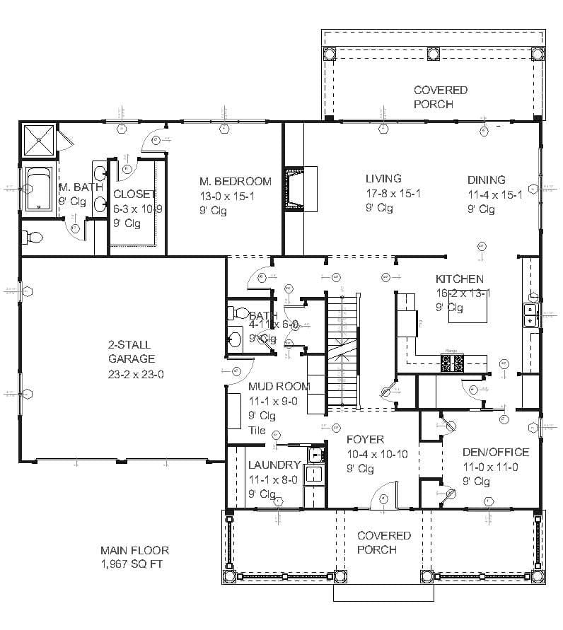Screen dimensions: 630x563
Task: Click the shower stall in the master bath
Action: pyautogui.click(x=39, y=140)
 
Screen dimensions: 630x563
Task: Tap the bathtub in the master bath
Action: pyautogui.click(x=37, y=189)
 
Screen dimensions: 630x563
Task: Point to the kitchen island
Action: pyautogui.click(x=468, y=309)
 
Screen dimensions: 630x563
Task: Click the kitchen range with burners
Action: pyautogui.click(x=453, y=363)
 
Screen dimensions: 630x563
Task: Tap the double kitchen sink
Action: pyautogui.click(x=530, y=316)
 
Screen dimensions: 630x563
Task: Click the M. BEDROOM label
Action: pyautogui.click(x=235, y=182)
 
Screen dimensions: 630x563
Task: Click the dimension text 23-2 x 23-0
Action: pyautogui.click(x=136, y=375)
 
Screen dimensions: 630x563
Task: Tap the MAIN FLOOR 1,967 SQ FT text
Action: pyautogui.click(x=134, y=557)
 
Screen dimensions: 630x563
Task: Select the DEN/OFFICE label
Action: pyautogui.click(x=495, y=453)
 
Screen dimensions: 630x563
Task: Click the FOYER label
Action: pyautogui.click(x=366, y=440)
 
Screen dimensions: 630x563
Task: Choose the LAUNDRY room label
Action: pyautogui.click(x=274, y=465)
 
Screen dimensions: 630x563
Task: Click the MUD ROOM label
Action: pyautogui.click(x=279, y=386)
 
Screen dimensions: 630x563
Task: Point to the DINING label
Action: pyautogui.click(x=486, y=180)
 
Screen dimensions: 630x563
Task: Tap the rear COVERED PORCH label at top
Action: pyautogui.click(x=440, y=97)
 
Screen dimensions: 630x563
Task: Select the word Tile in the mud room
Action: pyautogui.click(x=257, y=430)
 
